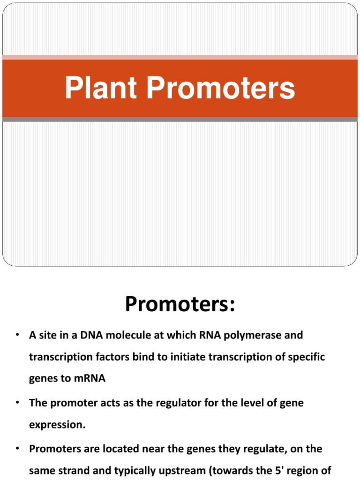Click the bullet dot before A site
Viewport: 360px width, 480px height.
16,335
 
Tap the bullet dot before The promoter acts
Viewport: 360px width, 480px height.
16,403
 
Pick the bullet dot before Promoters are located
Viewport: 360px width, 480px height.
16,449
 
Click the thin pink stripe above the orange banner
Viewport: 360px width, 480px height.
180,57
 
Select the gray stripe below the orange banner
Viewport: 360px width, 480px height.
180,120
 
